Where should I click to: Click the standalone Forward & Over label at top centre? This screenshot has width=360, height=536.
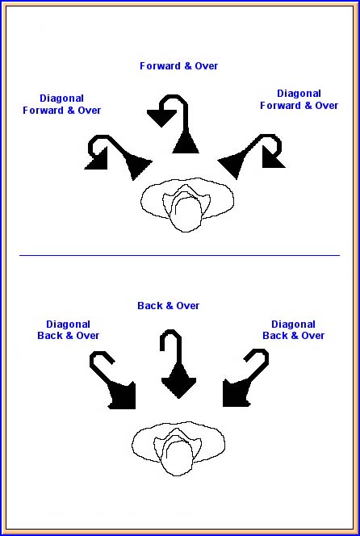(x=179, y=66)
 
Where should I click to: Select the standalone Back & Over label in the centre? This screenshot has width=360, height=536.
(x=168, y=306)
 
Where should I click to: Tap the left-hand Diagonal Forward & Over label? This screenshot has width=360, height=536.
(x=62, y=104)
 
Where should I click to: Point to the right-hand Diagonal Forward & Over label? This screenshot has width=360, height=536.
(x=299, y=99)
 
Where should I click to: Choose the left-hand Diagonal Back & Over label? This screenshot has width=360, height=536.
(x=69, y=330)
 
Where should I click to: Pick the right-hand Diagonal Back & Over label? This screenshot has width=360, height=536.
(x=293, y=330)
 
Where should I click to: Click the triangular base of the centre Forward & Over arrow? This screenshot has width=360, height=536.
(x=186, y=143)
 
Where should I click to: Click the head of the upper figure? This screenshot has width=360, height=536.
(x=186, y=215)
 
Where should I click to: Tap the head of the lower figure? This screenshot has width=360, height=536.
(x=178, y=458)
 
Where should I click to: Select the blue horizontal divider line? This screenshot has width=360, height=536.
(x=179, y=255)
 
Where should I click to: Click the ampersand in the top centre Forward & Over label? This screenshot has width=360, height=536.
(x=188, y=66)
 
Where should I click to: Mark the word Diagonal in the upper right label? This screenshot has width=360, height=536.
(x=299, y=94)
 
